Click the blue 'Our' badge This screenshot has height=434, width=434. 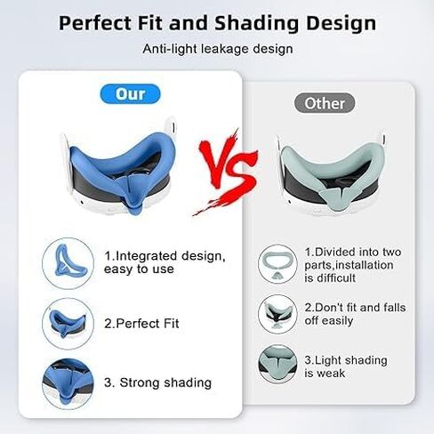(x=130, y=94)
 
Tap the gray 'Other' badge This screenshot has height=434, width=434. (x=325, y=103)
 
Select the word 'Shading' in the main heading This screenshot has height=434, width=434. (x=256, y=23)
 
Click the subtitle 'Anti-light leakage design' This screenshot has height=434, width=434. (x=218, y=49)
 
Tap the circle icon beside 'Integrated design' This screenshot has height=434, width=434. (x=68, y=263)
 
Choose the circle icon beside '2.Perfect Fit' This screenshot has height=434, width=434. (x=68, y=324)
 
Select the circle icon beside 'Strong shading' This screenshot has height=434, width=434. (x=68, y=384)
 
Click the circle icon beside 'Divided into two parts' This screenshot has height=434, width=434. (x=277, y=264)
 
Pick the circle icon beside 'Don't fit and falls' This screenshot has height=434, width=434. (x=277, y=314)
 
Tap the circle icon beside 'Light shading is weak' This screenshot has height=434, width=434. (x=277, y=364)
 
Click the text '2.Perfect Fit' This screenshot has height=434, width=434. (x=141, y=324)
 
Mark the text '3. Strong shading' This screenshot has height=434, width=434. (x=157, y=382)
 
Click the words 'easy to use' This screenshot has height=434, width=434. (x=139, y=269)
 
